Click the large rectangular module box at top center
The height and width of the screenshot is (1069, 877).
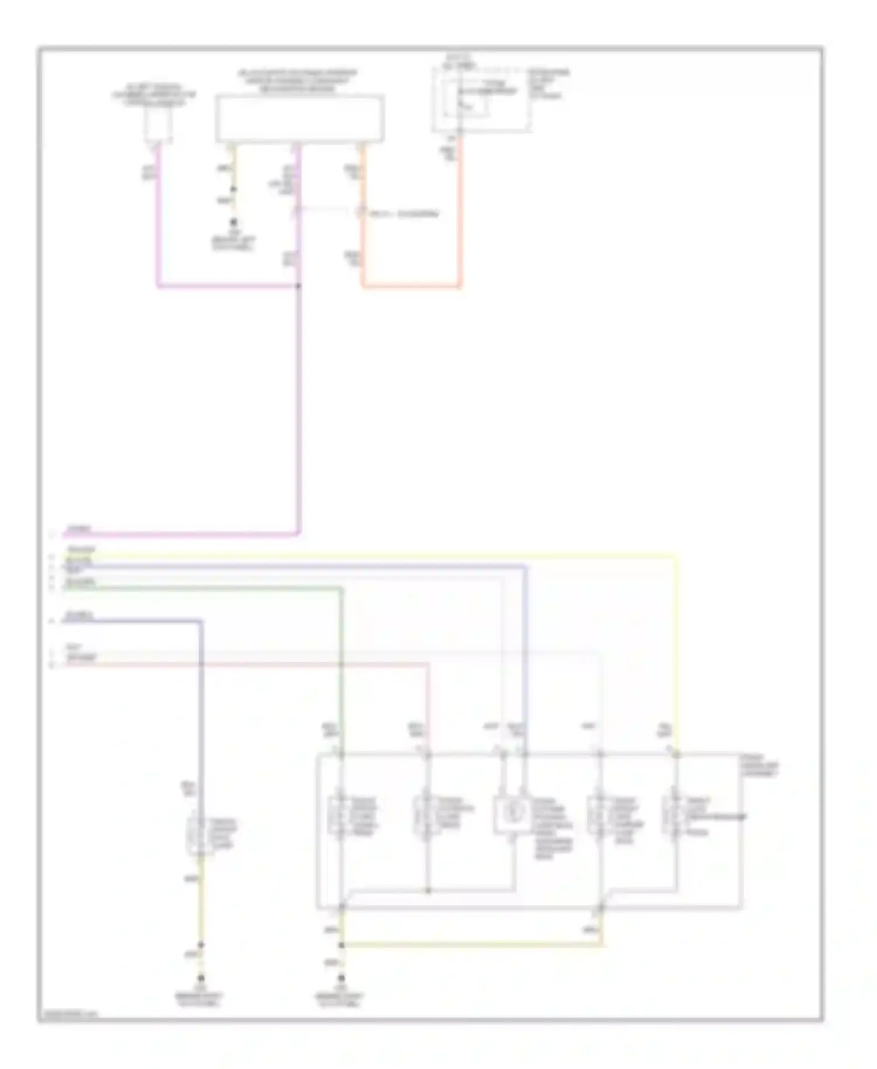coord(300,119)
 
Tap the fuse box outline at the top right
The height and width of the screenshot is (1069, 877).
coord(481,99)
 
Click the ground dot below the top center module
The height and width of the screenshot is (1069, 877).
coord(234,223)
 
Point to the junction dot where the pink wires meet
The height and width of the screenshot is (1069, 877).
coord(299,286)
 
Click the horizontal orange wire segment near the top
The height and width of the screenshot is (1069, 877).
coord(411,287)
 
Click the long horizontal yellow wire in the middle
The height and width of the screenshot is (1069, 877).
coord(374,556)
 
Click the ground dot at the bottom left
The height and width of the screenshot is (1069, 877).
coord(201,978)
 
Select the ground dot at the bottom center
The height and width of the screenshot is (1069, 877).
coord(341,978)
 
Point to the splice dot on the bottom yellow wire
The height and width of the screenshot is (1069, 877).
coord(341,945)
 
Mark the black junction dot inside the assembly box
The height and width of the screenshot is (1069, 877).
coord(428,891)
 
